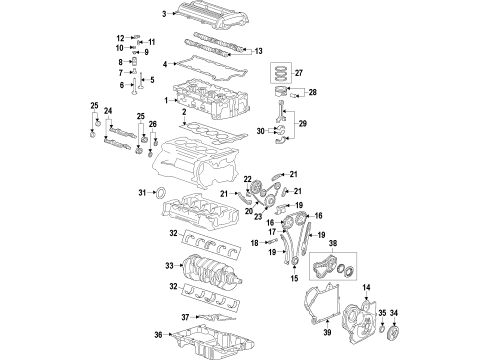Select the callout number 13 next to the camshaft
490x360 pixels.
tap(258, 51)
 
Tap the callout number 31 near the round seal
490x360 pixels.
tap(141, 192)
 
